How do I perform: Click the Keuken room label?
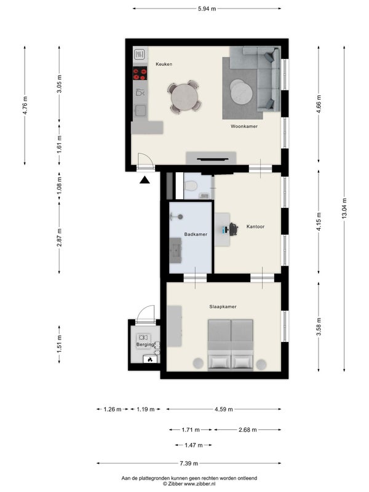point(164,64)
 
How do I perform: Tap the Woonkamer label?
point(244,127)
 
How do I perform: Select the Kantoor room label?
point(255,226)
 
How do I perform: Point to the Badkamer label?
point(196,234)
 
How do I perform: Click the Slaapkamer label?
point(223,306)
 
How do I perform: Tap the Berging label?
point(145,344)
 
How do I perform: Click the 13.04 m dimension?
point(344,208)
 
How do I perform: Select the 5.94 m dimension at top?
point(207,9)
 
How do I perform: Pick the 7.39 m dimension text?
point(189,463)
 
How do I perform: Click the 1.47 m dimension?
point(194,445)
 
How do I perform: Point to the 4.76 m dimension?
point(25,105)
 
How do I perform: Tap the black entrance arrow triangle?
point(145,180)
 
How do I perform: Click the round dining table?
point(184,97)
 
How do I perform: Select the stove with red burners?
point(140,73)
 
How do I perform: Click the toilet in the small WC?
point(191,186)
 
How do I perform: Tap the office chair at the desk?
point(233,229)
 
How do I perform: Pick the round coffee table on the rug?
point(241,91)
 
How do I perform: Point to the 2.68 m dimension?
point(248,430)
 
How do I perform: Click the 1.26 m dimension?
point(113,409)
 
